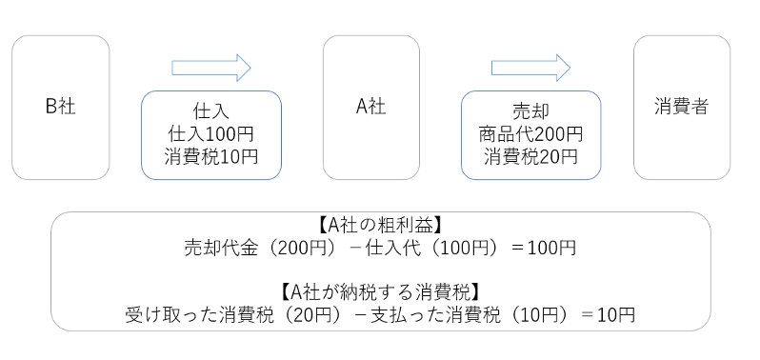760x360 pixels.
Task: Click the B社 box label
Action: [60, 108]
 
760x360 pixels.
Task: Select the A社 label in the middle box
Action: [370, 108]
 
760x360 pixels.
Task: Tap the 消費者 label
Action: [681, 108]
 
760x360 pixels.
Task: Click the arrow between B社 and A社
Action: [210, 67]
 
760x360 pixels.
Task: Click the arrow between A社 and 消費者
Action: [530, 67]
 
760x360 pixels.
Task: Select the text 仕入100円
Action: [211, 133]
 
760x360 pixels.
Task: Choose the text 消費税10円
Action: [211, 155]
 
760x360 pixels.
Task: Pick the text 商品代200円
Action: [531, 133]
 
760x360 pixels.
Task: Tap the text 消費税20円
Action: [531, 155]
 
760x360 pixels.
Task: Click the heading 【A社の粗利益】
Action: [381, 227]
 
